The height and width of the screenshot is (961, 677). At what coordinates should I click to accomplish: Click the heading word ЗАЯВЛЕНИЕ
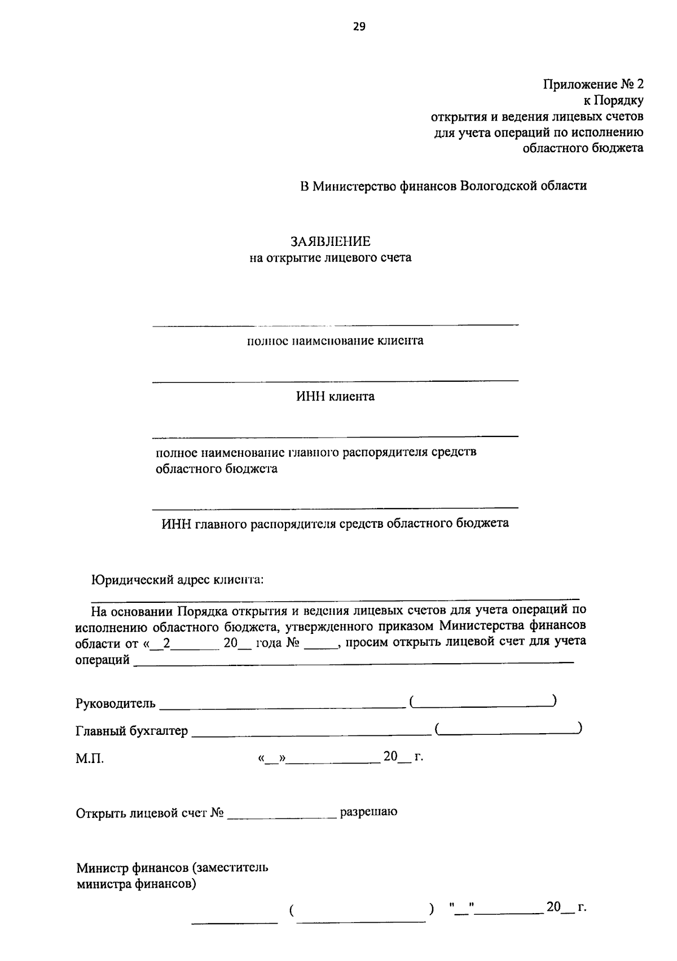331,242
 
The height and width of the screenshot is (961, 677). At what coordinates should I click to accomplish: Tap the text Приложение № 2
593,85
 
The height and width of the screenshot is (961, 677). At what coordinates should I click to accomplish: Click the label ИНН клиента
335,396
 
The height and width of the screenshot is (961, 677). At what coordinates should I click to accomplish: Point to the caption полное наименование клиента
335,341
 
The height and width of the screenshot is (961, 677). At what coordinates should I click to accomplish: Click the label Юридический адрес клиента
178,580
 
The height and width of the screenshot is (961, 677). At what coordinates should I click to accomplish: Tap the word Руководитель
115,704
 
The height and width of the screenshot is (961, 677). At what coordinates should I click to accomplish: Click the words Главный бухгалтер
131,731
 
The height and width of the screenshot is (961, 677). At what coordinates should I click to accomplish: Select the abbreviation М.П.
90,759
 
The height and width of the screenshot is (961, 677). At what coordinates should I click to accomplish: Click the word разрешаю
368,812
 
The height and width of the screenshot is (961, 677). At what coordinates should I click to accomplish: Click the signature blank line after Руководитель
282,706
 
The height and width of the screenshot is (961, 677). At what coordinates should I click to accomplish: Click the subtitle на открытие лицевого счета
331,258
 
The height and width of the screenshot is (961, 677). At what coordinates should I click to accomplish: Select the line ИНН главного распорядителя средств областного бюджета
335,523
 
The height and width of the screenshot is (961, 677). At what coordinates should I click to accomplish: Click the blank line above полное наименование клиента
335,325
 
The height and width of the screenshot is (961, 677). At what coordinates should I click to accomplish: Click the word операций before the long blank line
102,660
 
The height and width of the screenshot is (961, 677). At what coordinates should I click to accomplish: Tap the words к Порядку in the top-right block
613,101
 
